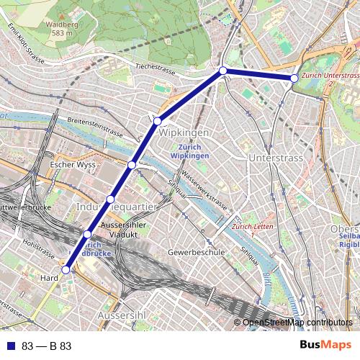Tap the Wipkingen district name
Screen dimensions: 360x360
[x=184, y=133]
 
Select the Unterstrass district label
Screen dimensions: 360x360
[x=273, y=157]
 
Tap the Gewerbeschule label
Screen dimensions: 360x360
[x=197, y=253]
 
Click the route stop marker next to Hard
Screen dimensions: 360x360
[x=66, y=270]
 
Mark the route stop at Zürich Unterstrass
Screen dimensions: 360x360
[x=294, y=78]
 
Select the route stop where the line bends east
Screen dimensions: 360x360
[x=223, y=71]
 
